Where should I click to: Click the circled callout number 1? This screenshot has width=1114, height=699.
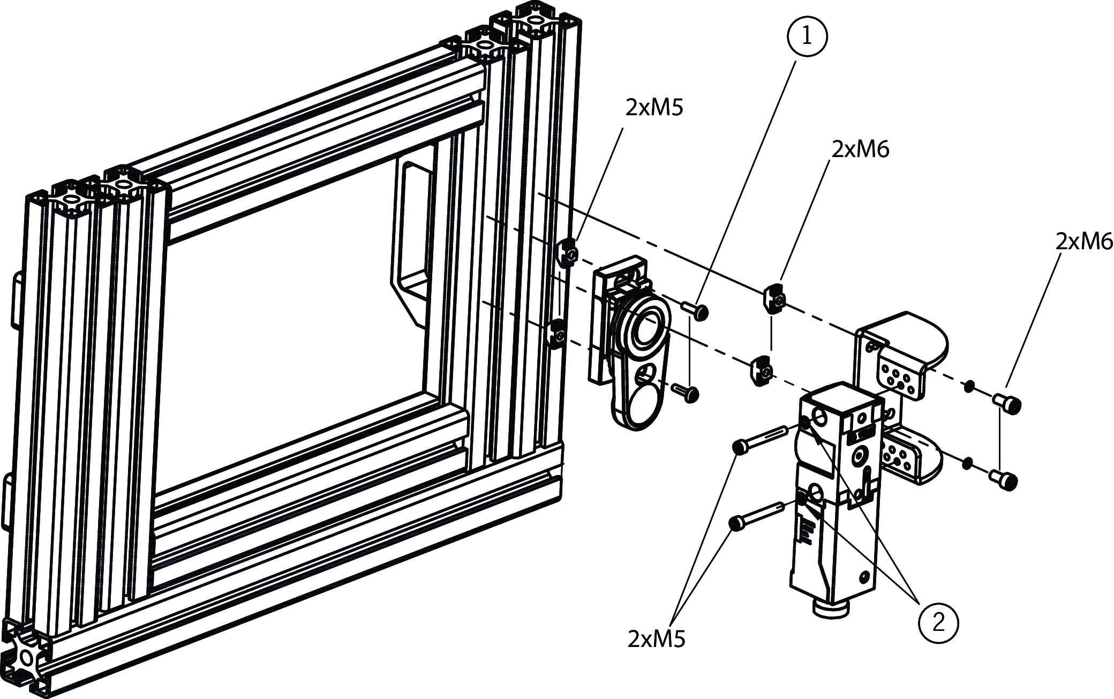807,36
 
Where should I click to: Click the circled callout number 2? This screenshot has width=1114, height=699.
938,623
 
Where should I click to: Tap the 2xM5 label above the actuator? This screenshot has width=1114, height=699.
654,108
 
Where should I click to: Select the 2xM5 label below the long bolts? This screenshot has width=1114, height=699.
657,639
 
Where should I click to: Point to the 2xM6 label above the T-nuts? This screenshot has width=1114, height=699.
860,150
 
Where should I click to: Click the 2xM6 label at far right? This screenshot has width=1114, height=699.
1084,241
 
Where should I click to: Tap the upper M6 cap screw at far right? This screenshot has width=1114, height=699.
1007,404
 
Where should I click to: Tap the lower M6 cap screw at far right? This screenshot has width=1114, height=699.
1004,480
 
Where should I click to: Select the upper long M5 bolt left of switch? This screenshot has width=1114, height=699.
760,439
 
